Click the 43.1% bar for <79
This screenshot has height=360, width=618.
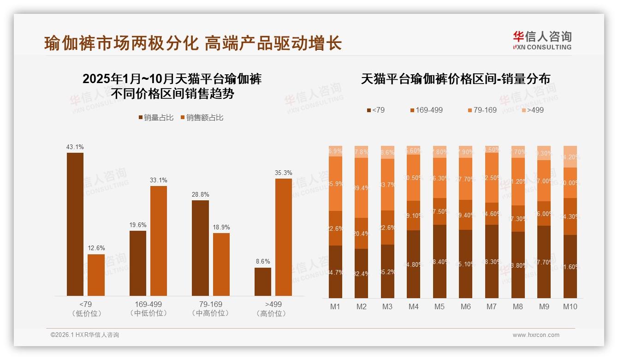point(75,224)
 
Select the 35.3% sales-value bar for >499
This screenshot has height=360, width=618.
point(284,237)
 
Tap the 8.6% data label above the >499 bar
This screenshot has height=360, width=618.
point(263,261)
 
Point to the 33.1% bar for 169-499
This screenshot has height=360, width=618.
point(159,241)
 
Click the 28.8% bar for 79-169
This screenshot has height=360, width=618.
point(200,248)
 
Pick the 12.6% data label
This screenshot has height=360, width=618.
point(96,248)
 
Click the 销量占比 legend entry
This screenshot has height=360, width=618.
point(156,118)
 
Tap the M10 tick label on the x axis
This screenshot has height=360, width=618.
point(570,306)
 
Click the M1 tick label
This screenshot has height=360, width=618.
point(335,306)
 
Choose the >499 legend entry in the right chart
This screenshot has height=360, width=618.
point(532,110)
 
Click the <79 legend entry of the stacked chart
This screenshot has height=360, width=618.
point(375,110)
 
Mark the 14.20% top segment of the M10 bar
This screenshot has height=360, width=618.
point(570,156)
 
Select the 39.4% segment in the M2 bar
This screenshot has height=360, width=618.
point(362,188)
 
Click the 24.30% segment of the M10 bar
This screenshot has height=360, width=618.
point(570,216)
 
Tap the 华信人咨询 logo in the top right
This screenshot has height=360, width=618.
point(542,40)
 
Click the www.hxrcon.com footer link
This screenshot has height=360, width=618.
point(536,335)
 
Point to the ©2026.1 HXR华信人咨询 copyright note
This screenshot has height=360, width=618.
point(85,335)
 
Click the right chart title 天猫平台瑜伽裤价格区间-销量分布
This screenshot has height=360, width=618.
point(455,79)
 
